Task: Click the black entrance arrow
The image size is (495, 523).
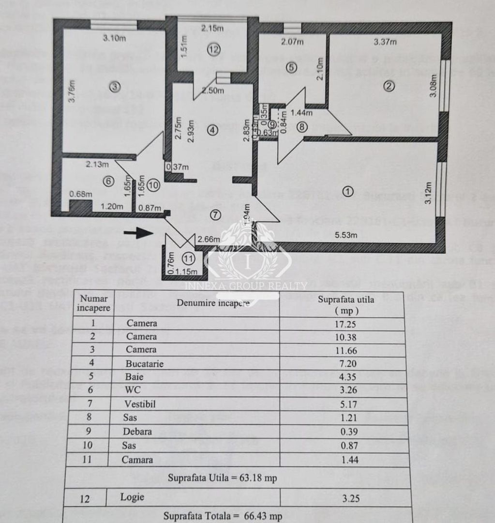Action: tap(142, 233)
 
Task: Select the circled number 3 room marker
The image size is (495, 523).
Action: tap(114, 87)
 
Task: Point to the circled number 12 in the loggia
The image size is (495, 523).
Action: tap(214, 48)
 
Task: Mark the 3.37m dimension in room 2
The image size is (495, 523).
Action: tap(385, 42)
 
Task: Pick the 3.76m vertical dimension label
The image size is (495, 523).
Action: tap(71, 91)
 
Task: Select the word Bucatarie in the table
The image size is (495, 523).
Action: tap(145, 363)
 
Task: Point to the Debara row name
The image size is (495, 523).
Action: tap(137, 431)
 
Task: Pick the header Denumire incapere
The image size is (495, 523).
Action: tap(213, 303)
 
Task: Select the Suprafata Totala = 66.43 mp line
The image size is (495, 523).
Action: tap(223, 516)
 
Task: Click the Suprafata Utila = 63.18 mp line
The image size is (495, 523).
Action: tap(223, 478)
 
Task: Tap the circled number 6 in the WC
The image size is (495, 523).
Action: tap(108, 181)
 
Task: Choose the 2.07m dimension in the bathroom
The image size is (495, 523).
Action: tap(292, 42)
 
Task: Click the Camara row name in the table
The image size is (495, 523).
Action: tap(137, 460)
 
